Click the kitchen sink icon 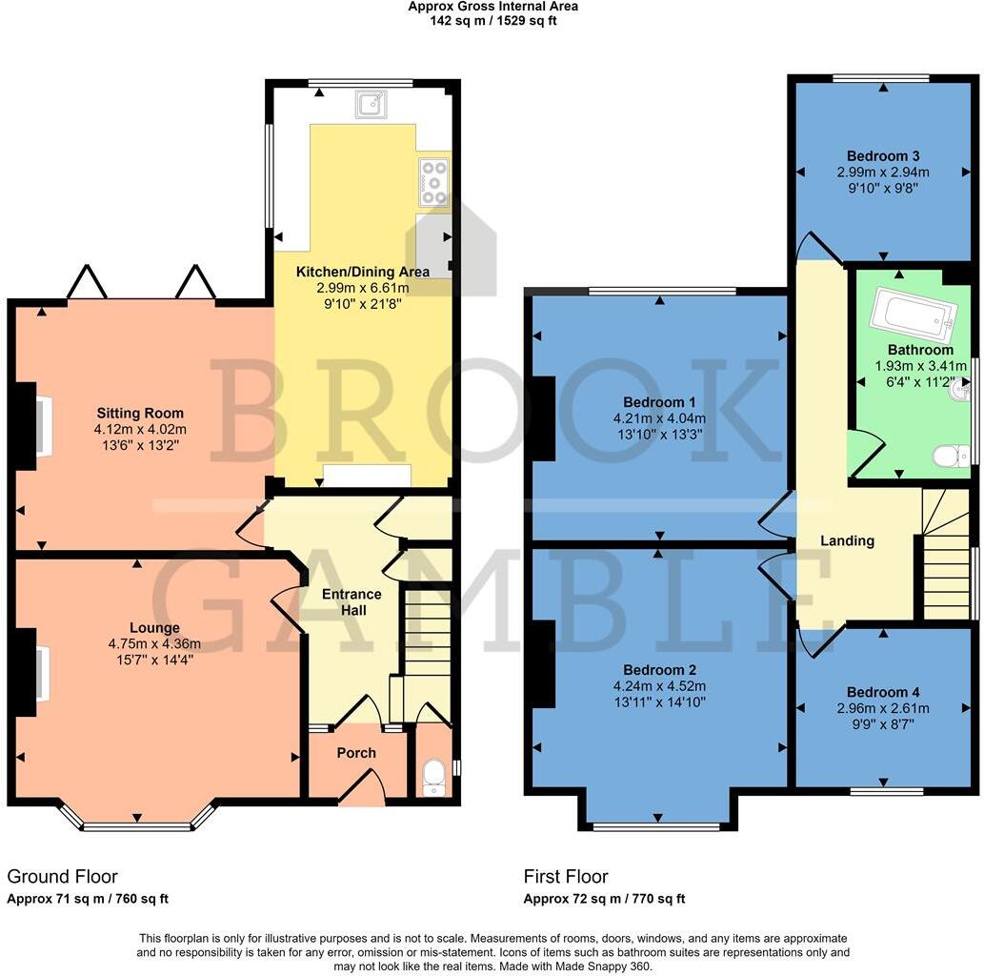[372, 104]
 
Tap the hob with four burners [433, 182]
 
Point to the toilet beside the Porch [433, 776]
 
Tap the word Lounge [154, 628]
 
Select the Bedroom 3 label [883, 155]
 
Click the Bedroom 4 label [882, 692]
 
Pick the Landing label [847, 540]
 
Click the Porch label [356, 753]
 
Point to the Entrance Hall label [351, 602]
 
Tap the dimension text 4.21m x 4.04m [659, 418]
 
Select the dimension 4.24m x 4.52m [661, 686]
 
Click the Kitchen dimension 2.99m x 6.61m [361, 288]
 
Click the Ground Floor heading [63, 876]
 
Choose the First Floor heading [566, 876]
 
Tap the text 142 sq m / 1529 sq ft [492, 20]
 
